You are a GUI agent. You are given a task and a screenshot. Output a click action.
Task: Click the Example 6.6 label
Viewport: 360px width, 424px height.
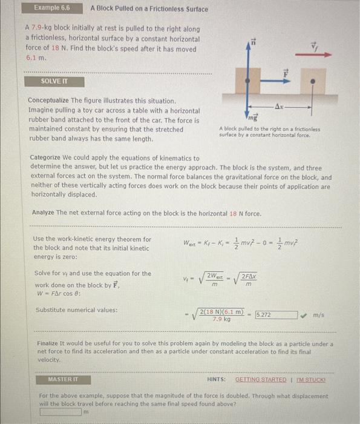(x=52, y=8)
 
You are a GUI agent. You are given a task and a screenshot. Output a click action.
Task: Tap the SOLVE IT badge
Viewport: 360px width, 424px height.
(x=54, y=81)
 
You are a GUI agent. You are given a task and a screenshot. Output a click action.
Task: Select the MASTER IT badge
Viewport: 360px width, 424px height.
(x=63, y=379)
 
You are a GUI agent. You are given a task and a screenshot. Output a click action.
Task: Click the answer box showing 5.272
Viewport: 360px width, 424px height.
(x=275, y=315)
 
